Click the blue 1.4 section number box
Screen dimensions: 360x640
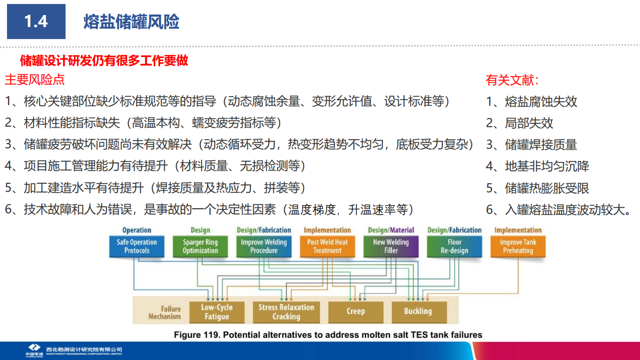point(36,22)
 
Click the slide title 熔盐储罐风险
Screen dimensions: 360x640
point(131,22)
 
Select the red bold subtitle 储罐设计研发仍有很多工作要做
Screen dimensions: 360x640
point(104,61)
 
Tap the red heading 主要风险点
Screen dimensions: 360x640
point(35,80)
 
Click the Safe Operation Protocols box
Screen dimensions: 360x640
point(137,246)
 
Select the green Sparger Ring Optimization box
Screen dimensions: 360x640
point(200,246)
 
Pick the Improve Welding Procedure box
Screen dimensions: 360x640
point(264,246)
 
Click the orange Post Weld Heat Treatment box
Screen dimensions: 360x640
point(327,246)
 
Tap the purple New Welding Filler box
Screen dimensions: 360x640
point(391,246)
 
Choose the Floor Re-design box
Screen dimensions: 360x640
point(454,246)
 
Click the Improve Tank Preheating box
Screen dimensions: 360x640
point(518,246)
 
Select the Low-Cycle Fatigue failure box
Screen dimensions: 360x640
point(217,312)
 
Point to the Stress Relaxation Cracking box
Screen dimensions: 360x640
point(286,312)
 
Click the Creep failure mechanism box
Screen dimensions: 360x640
point(355,311)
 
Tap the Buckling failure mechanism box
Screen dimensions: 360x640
point(418,311)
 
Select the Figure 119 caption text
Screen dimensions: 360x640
point(328,334)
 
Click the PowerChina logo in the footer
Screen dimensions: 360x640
point(34,350)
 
